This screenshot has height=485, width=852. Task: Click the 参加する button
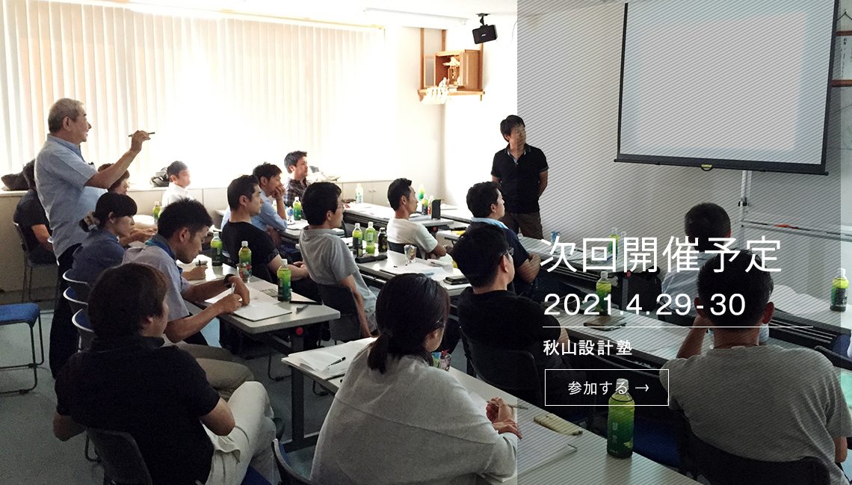coord(606,387)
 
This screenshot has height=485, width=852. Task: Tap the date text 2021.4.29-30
coord(644,305)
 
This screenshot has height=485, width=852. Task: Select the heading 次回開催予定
coord(661,255)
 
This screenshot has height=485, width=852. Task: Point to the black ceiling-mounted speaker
coord(484,33)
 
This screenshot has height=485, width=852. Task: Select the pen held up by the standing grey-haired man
coord(141,134)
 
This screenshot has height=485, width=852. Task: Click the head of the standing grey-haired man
coord(69,118)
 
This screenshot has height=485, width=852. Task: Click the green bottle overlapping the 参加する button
coord(620,419)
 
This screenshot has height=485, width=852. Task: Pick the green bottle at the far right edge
coord(839,291)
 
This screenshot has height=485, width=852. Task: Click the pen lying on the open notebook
coord(336,361)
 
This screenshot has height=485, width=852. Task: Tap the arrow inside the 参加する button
coord(642,388)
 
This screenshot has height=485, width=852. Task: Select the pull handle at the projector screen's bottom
coord(706,167)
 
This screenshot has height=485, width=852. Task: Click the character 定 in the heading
coord(762,255)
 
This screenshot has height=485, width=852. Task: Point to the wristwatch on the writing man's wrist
coord(228,279)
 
